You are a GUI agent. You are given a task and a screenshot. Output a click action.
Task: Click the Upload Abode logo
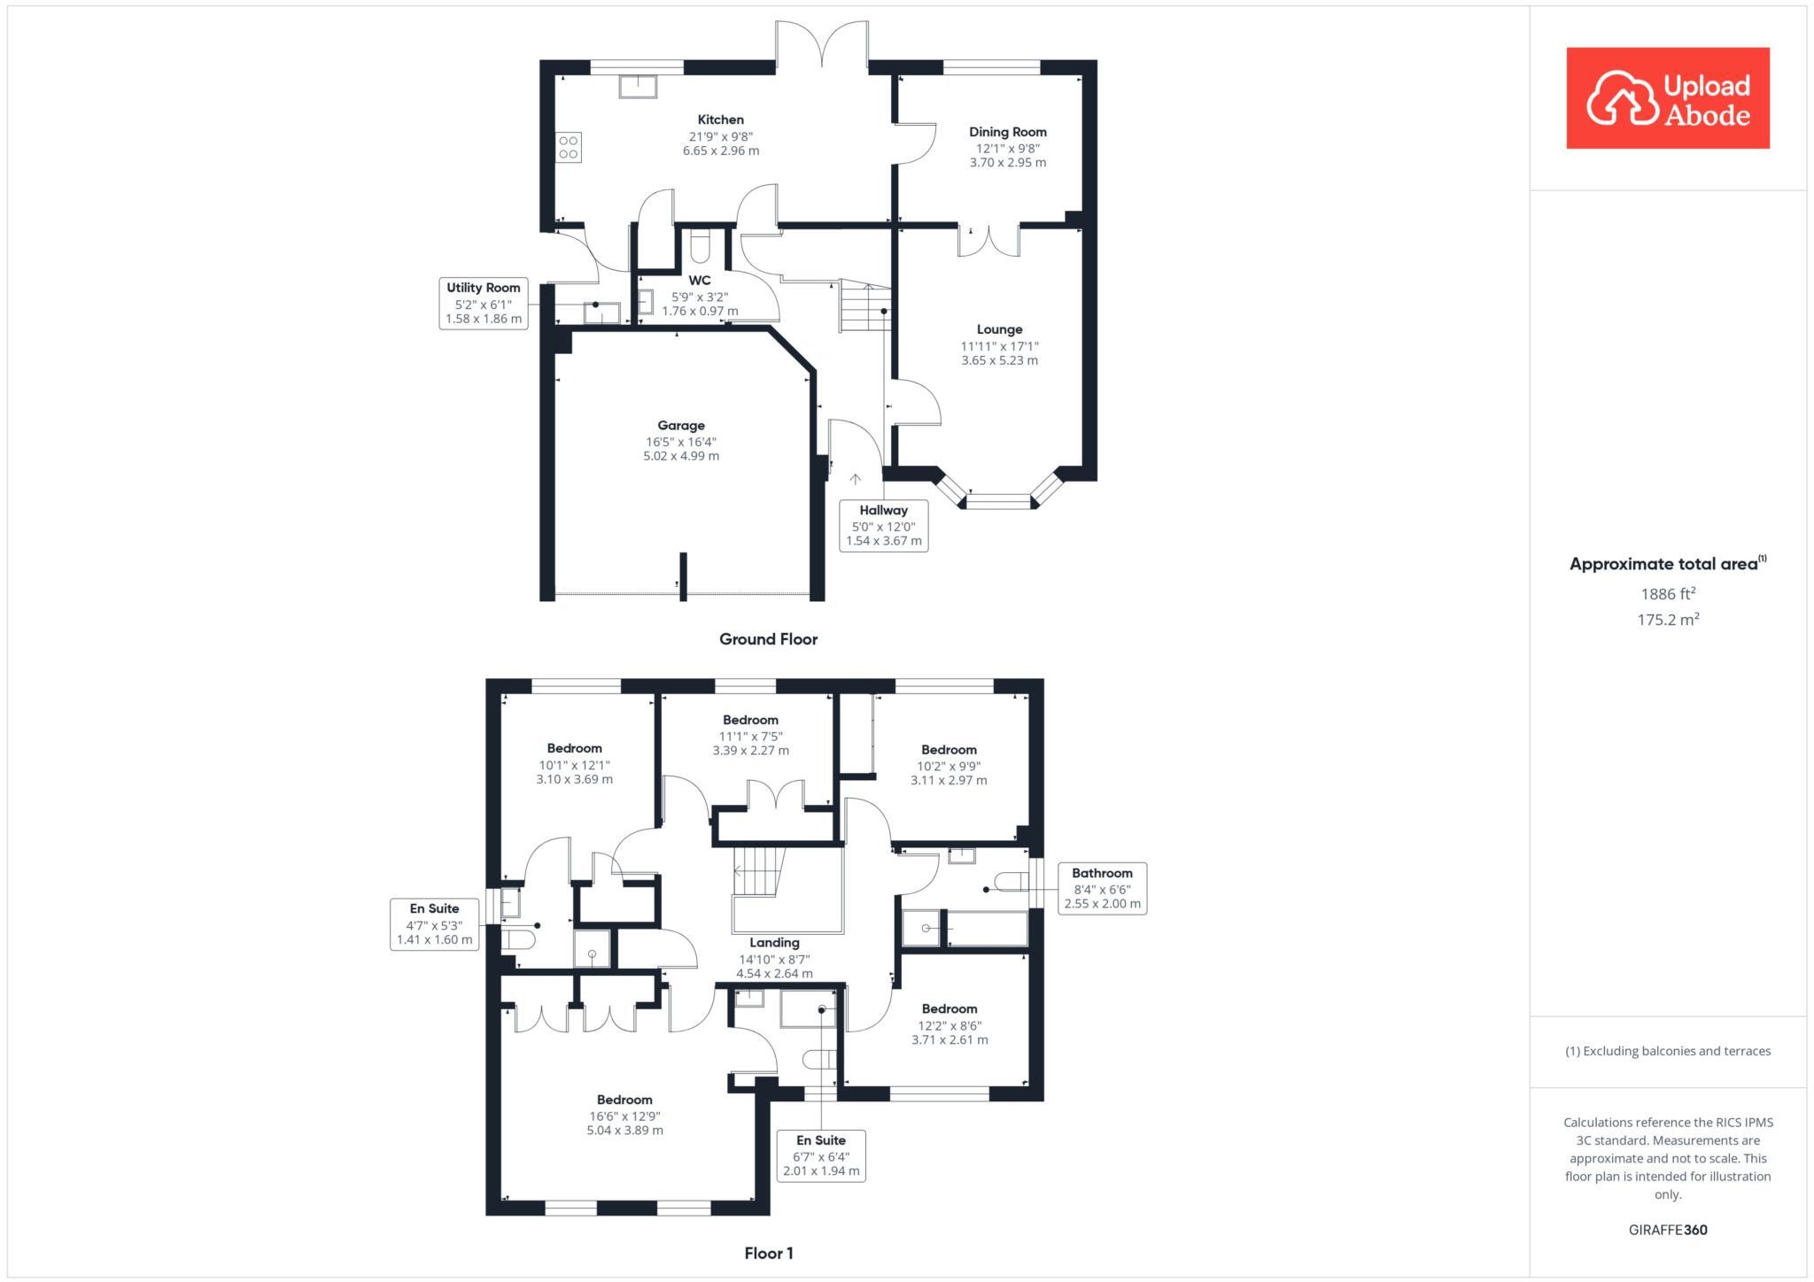[x=1667, y=98]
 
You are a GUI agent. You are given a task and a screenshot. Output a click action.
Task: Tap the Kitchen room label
[x=720, y=120]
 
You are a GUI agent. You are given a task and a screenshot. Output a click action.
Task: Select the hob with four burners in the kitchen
[x=569, y=148]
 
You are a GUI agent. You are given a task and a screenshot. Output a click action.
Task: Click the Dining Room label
[x=1007, y=132]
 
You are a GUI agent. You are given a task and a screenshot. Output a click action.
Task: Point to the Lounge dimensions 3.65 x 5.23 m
[x=999, y=360]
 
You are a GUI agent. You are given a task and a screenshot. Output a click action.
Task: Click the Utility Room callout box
[x=483, y=303]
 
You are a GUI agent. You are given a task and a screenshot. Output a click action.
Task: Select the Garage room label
[x=680, y=425]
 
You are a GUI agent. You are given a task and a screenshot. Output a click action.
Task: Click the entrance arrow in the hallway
[x=855, y=479]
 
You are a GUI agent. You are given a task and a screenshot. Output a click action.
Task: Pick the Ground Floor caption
[x=768, y=639]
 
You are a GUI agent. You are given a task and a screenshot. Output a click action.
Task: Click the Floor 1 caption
[x=768, y=1253]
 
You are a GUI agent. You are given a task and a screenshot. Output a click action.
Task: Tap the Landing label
[x=774, y=943]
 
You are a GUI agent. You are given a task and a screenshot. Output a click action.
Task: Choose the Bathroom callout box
[x=1102, y=888]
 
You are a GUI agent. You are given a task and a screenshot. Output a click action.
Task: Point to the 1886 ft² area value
[x=1668, y=594]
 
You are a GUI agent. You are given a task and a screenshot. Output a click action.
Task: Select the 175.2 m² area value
[x=1668, y=620]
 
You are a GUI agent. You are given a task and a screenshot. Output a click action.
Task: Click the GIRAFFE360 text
[x=1667, y=1230]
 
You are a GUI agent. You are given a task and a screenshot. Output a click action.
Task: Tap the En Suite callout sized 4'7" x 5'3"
[x=434, y=924]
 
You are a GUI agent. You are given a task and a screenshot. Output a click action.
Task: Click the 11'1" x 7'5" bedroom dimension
[x=750, y=736]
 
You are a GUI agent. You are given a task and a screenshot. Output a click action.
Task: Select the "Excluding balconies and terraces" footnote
[x=1668, y=1051]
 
